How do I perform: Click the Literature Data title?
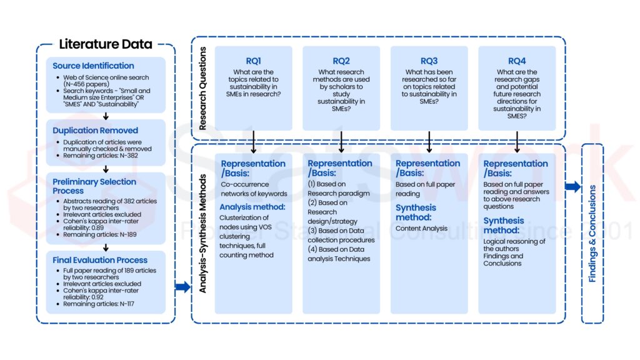point(106,44)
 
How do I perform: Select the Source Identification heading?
point(93,66)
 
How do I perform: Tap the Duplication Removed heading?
point(95,131)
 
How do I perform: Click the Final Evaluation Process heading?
point(100,260)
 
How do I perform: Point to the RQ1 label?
point(254,61)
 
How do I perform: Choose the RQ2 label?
point(341,61)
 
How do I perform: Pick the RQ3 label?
point(429,61)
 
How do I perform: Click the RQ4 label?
point(517,61)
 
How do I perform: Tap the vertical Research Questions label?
point(202,89)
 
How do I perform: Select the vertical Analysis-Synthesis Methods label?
point(202,234)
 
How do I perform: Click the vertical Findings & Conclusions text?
point(592,234)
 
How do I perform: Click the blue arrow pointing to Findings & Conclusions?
point(573,187)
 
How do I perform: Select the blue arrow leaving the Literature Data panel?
point(183,287)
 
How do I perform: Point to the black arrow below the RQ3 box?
point(429,142)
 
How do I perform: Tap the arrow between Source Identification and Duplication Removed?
point(106,116)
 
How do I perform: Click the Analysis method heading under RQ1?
point(252,207)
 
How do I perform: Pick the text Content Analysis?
point(421,229)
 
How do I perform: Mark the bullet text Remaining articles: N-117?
point(98,304)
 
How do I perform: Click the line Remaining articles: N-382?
point(101,156)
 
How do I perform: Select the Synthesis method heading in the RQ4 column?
point(504,225)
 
